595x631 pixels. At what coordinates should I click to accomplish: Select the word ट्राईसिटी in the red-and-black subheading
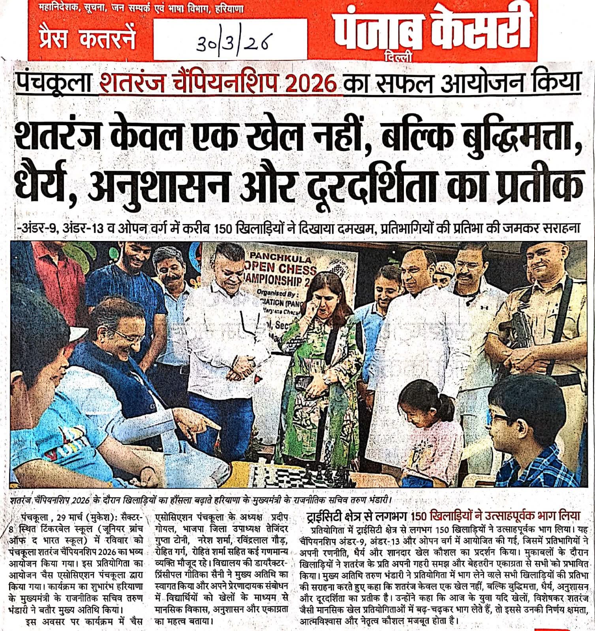(326, 516)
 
